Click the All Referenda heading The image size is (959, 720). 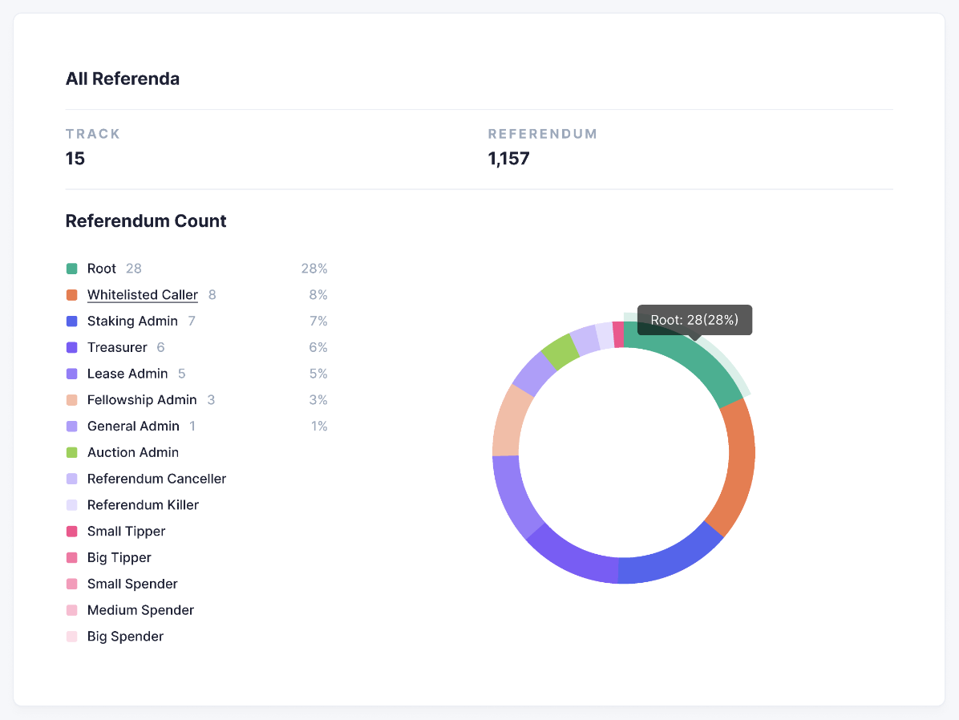coord(122,79)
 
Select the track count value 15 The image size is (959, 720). coord(75,158)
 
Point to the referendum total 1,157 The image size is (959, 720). coord(508,158)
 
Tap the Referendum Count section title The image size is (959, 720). coord(145,220)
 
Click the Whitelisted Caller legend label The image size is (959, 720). coord(142,294)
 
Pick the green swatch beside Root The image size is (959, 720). coord(71,269)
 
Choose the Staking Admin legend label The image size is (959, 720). coord(132,321)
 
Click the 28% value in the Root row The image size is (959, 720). coord(314,269)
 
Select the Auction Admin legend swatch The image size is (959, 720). coord(71,452)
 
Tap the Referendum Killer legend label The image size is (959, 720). coord(143,504)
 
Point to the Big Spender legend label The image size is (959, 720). coord(125,636)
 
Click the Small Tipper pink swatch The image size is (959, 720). coord(71,531)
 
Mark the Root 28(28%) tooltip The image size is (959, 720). coord(694,319)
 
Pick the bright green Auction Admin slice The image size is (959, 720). coord(560,351)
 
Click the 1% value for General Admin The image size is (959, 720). coord(319,426)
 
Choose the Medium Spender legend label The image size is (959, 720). coord(140,609)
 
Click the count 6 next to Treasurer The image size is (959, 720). coord(160,347)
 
